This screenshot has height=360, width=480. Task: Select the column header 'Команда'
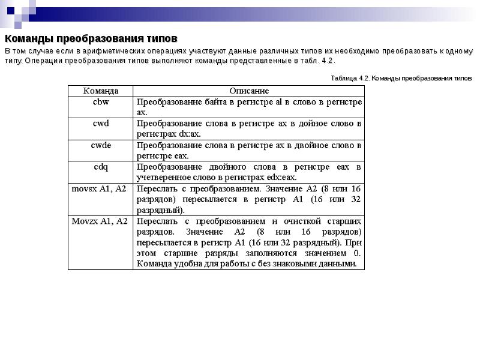point(100,91)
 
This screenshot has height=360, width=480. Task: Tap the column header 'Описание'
point(249,91)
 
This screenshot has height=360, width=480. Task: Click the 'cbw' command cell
point(100,102)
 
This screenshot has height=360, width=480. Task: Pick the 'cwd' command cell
point(100,124)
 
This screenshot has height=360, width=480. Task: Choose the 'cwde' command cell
point(100,145)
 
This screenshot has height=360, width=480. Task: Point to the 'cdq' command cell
point(100,166)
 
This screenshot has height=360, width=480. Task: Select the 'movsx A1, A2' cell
point(99,188)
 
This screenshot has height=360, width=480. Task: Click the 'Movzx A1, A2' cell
point(100,221)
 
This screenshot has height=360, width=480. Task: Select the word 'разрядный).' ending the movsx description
point(160,210)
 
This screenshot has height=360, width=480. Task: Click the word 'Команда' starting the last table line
point(154,263)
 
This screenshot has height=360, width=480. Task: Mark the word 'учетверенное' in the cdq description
point(161,177)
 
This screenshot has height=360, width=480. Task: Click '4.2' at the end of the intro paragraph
point(326,61)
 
